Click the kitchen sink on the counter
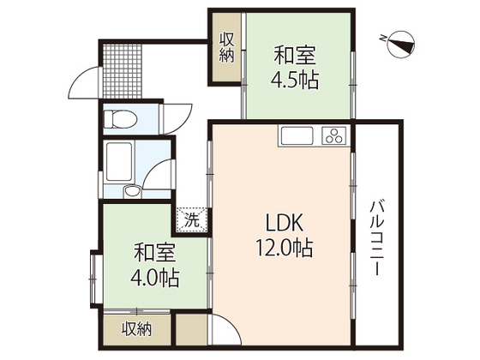(297, 135)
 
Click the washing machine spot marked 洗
(192, 219)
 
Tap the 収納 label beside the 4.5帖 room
(227, 46)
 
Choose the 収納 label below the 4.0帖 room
(135, 328)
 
